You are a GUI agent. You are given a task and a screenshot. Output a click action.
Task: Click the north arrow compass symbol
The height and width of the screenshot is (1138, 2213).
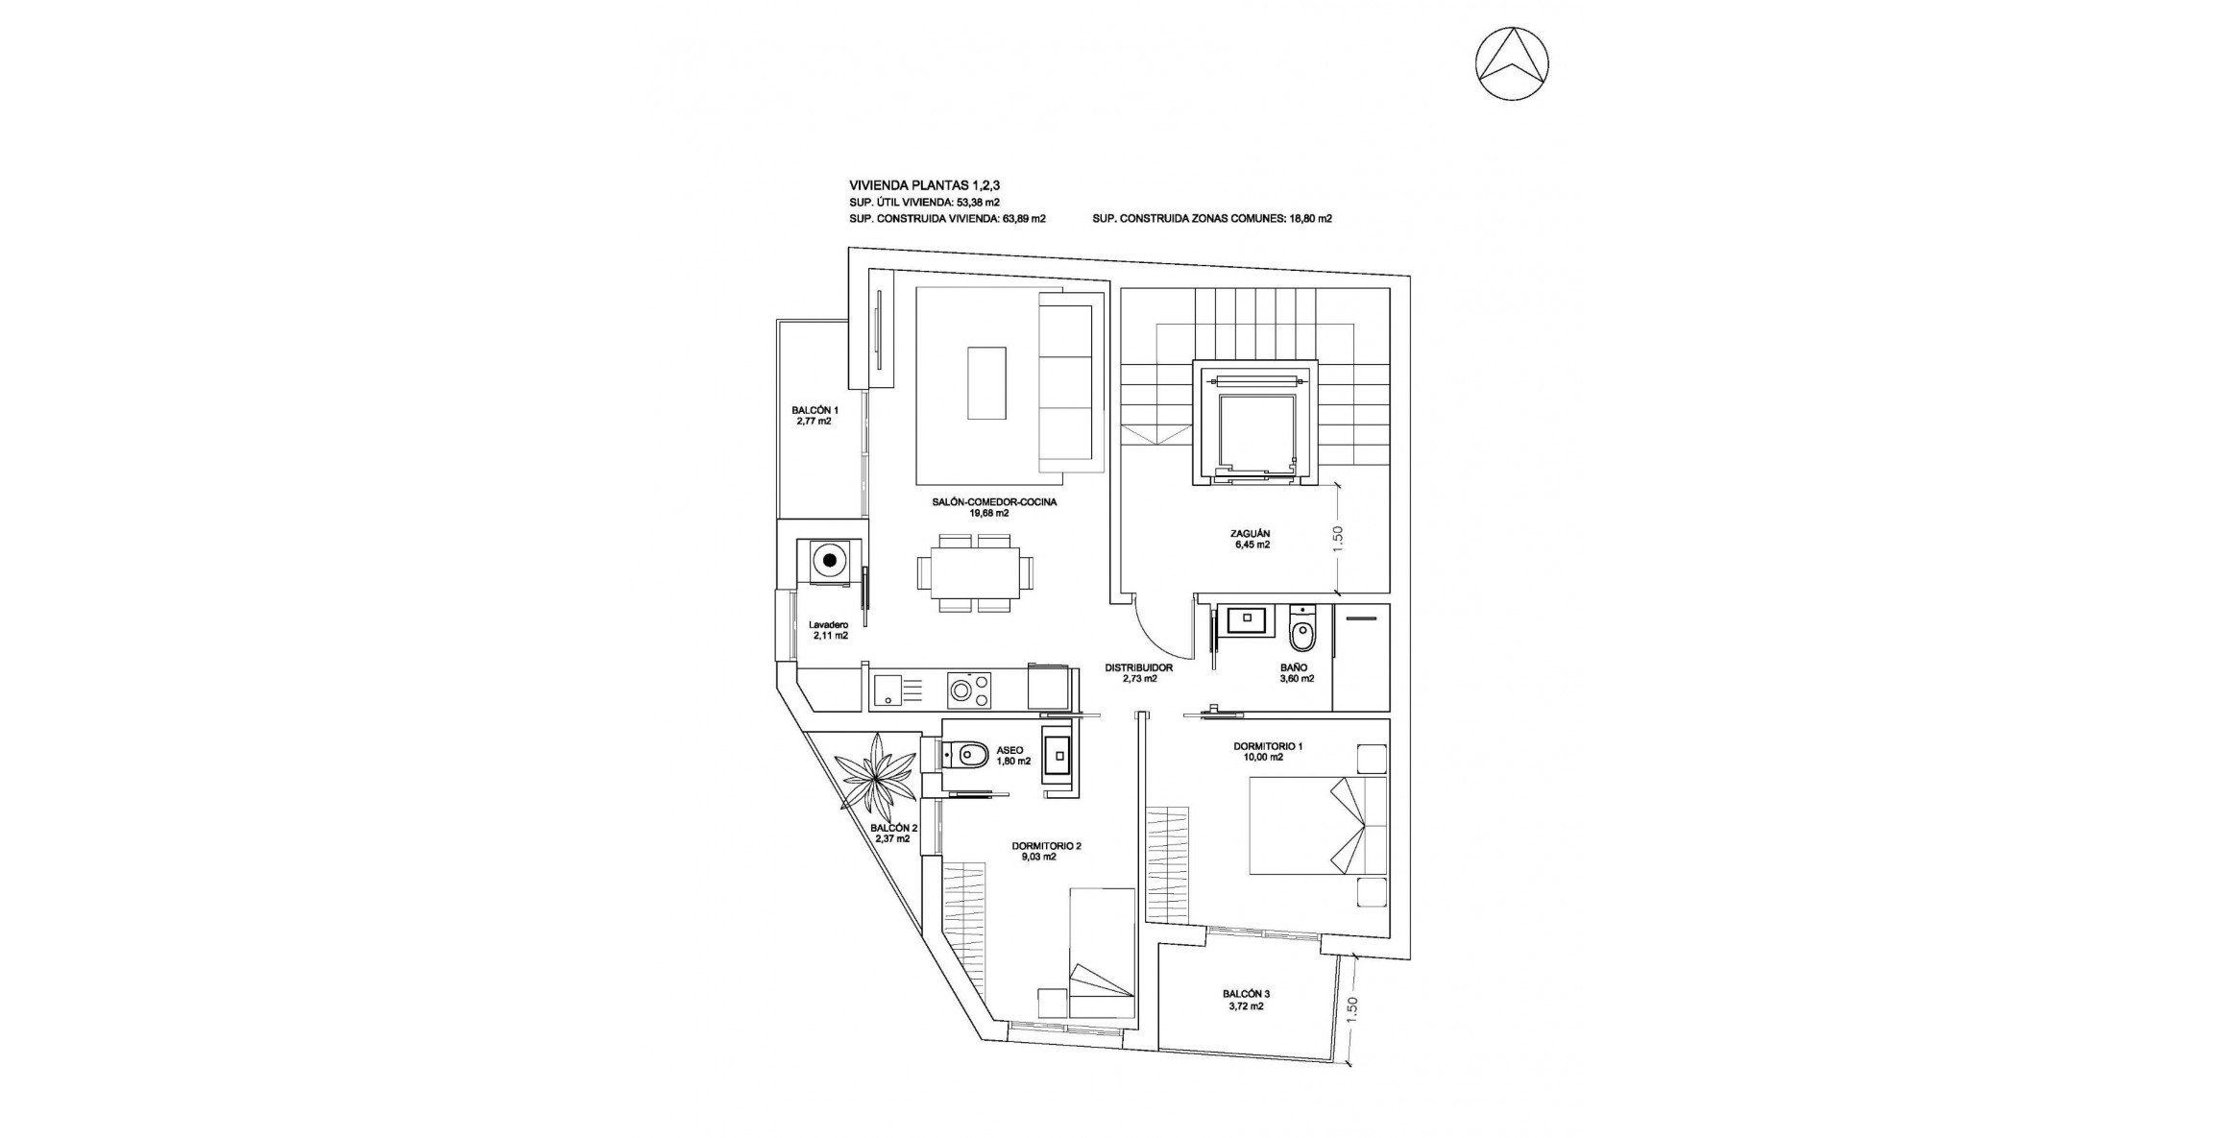(x=1512, y=63)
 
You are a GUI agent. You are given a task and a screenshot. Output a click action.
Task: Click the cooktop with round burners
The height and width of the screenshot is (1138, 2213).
(x=297, y=690)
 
